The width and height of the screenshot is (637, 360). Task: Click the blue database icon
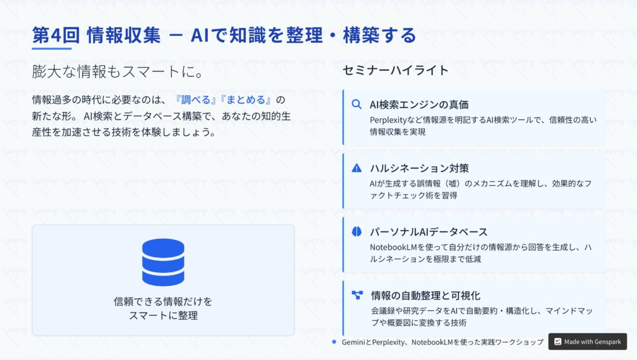click(164, 262)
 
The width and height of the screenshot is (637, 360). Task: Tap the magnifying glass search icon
click(356, 104)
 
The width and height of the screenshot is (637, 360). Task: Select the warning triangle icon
click(356, 168)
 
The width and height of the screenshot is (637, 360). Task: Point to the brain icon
click(356, 231)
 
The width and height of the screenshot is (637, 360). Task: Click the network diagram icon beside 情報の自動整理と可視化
click(357, 295)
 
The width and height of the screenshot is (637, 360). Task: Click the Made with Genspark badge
click(587, 342)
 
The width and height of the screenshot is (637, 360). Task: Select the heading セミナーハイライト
click(395, 70)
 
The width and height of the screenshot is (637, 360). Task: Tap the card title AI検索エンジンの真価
click(419, 104)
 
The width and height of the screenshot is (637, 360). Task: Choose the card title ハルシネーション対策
click(419, 168)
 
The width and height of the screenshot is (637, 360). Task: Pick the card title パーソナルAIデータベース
click(428, 232)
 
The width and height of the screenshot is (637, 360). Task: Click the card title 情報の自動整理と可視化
click(425, 295)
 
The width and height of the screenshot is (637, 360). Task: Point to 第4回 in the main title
click(55, 35)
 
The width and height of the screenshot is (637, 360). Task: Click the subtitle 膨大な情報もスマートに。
click(118, 72)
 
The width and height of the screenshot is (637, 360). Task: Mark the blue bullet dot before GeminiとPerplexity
click(334, 342)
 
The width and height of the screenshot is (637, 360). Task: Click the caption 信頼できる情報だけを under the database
click(163, 302)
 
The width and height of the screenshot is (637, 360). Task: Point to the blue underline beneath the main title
click(52, 48)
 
